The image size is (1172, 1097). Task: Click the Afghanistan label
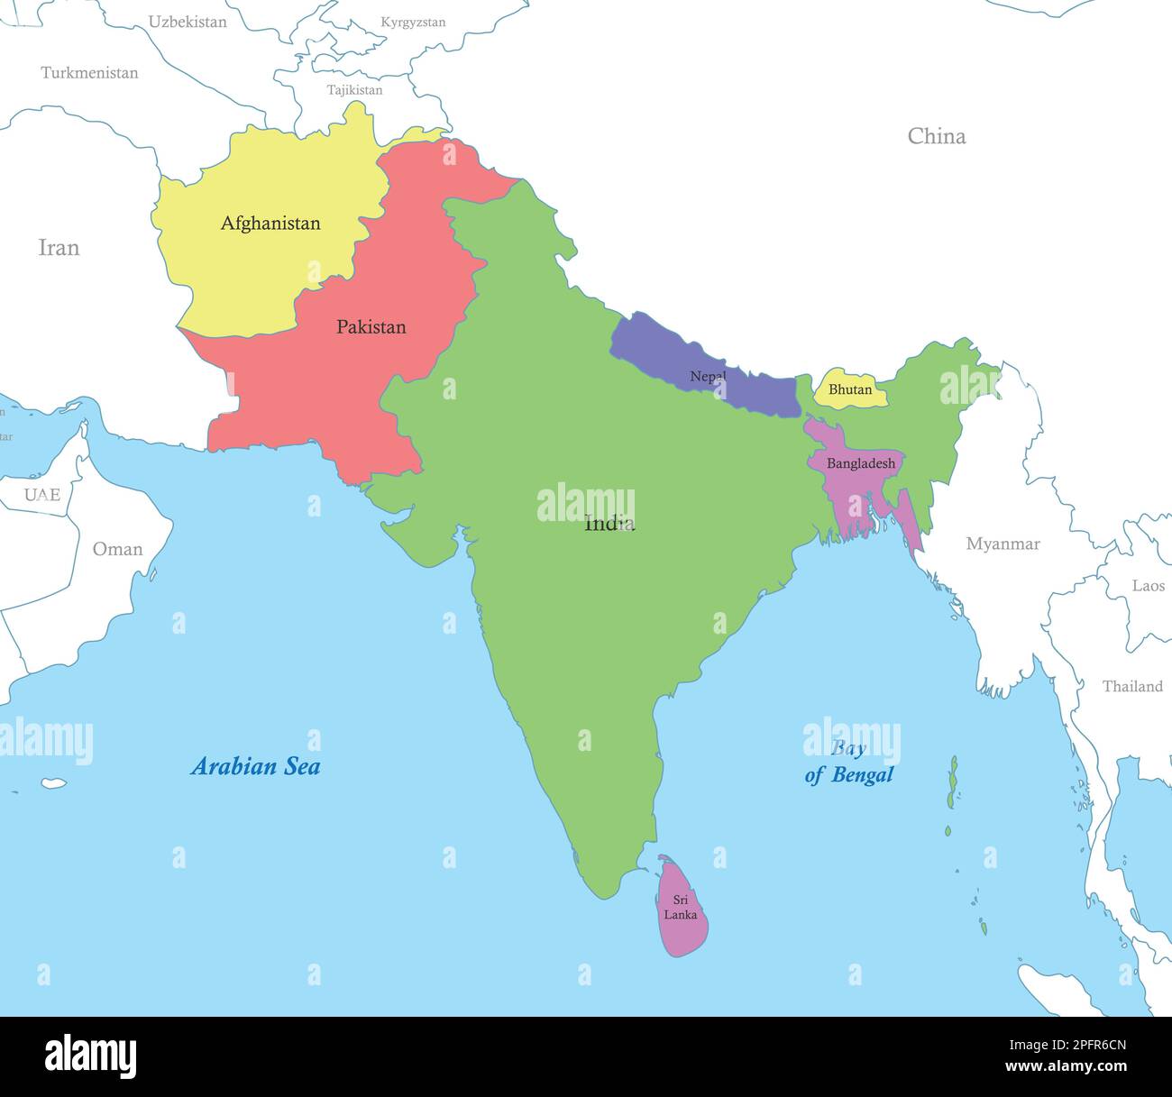(270, 223)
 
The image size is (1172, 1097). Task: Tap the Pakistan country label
(371, 326)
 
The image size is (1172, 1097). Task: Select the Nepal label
(708, 376)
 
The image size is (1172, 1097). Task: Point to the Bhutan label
(849, 389)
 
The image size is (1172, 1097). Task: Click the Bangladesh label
(861, 463)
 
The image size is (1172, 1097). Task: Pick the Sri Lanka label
(680, 907)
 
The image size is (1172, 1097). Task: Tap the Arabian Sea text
(255, 766)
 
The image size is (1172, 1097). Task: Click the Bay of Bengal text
(848, 762)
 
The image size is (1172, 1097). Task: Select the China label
(936, 136)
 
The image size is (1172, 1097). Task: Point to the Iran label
(59, 247)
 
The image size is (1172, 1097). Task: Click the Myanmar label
(1003, 544)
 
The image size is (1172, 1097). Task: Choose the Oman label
(117, 549)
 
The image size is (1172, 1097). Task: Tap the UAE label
(41, 494)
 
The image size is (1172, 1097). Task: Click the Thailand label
(1132, 686)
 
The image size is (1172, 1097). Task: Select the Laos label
(1148, 586)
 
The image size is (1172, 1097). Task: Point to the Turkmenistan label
(89, 73)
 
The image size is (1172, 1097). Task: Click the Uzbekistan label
(188, 22)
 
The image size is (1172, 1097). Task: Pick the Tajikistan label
(354, 90)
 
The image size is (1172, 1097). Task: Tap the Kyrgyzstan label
(413, 23)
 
